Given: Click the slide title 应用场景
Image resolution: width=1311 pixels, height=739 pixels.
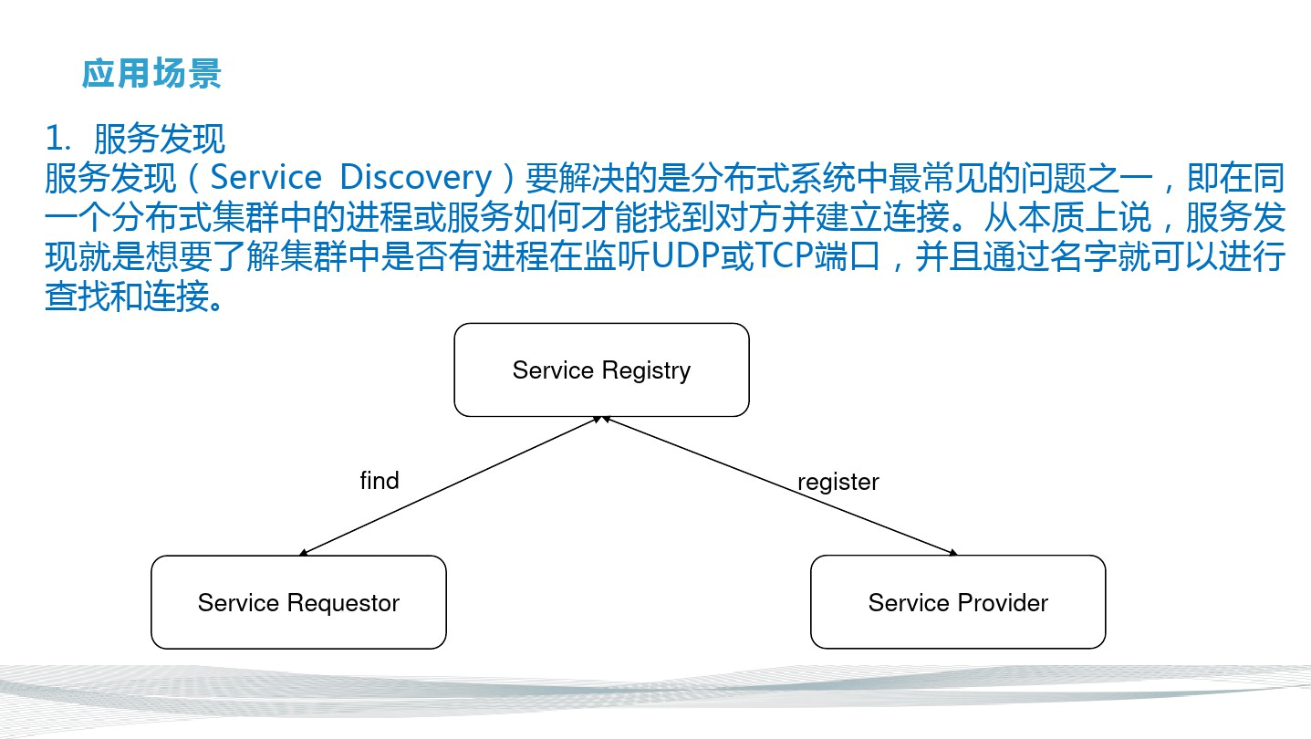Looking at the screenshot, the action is point(151,74).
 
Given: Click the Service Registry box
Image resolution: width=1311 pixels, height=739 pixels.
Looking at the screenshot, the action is point(601,369).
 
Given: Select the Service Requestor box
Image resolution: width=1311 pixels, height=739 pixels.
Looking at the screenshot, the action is point(298,602).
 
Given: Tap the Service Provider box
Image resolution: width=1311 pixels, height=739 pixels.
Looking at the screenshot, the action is point(958,602).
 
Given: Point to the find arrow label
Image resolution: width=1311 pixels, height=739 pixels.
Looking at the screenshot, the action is point(380,481).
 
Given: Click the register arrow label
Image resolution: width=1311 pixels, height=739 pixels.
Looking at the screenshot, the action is point(838,483).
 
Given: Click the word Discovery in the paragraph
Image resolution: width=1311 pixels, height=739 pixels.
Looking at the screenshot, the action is point(415,178).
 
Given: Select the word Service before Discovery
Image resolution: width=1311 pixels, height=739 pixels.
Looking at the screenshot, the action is point(265,177).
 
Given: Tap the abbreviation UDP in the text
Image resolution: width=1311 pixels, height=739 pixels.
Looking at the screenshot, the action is point(685,255).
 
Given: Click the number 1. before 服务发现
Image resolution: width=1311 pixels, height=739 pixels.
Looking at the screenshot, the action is point(58,138).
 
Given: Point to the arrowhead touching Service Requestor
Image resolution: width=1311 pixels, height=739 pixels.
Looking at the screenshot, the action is point(303,553).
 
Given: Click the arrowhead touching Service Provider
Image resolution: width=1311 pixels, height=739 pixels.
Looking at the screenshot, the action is point(953,552).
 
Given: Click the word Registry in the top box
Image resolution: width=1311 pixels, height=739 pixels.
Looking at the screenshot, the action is point(646,371).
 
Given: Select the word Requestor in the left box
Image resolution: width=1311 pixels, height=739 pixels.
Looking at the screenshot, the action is point(343,603).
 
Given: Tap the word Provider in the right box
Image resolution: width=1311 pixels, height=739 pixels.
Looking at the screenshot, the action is point(1003,603).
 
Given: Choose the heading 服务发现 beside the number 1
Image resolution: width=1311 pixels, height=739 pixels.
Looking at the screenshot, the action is point(159,139).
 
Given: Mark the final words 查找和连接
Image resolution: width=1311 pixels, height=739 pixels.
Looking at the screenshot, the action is point(127,296).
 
